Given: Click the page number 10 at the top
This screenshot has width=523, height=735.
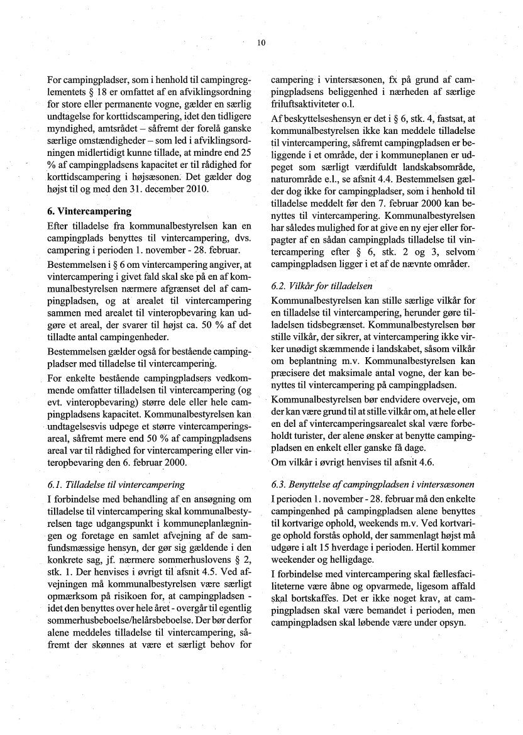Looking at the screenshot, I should [x=261, y=43].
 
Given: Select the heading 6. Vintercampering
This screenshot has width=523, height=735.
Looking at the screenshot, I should [x=91, y=212].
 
